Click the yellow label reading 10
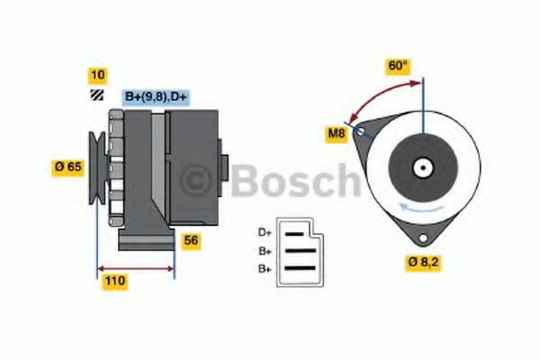click(x=96, y=75)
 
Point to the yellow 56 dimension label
click(x=192, y=240)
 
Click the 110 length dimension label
click(x=114, y=282)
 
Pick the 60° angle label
click(x=398, y=66)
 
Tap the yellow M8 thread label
click(x=337, y=135)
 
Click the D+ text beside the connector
click(x=265, y=232)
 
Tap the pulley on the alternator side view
click(x=96, y=166)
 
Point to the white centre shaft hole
click(x=421, y=167)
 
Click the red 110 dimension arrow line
click(x=135, y=267)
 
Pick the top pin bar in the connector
click(x=297, y=232)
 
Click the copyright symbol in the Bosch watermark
click(x=196, y=182)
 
